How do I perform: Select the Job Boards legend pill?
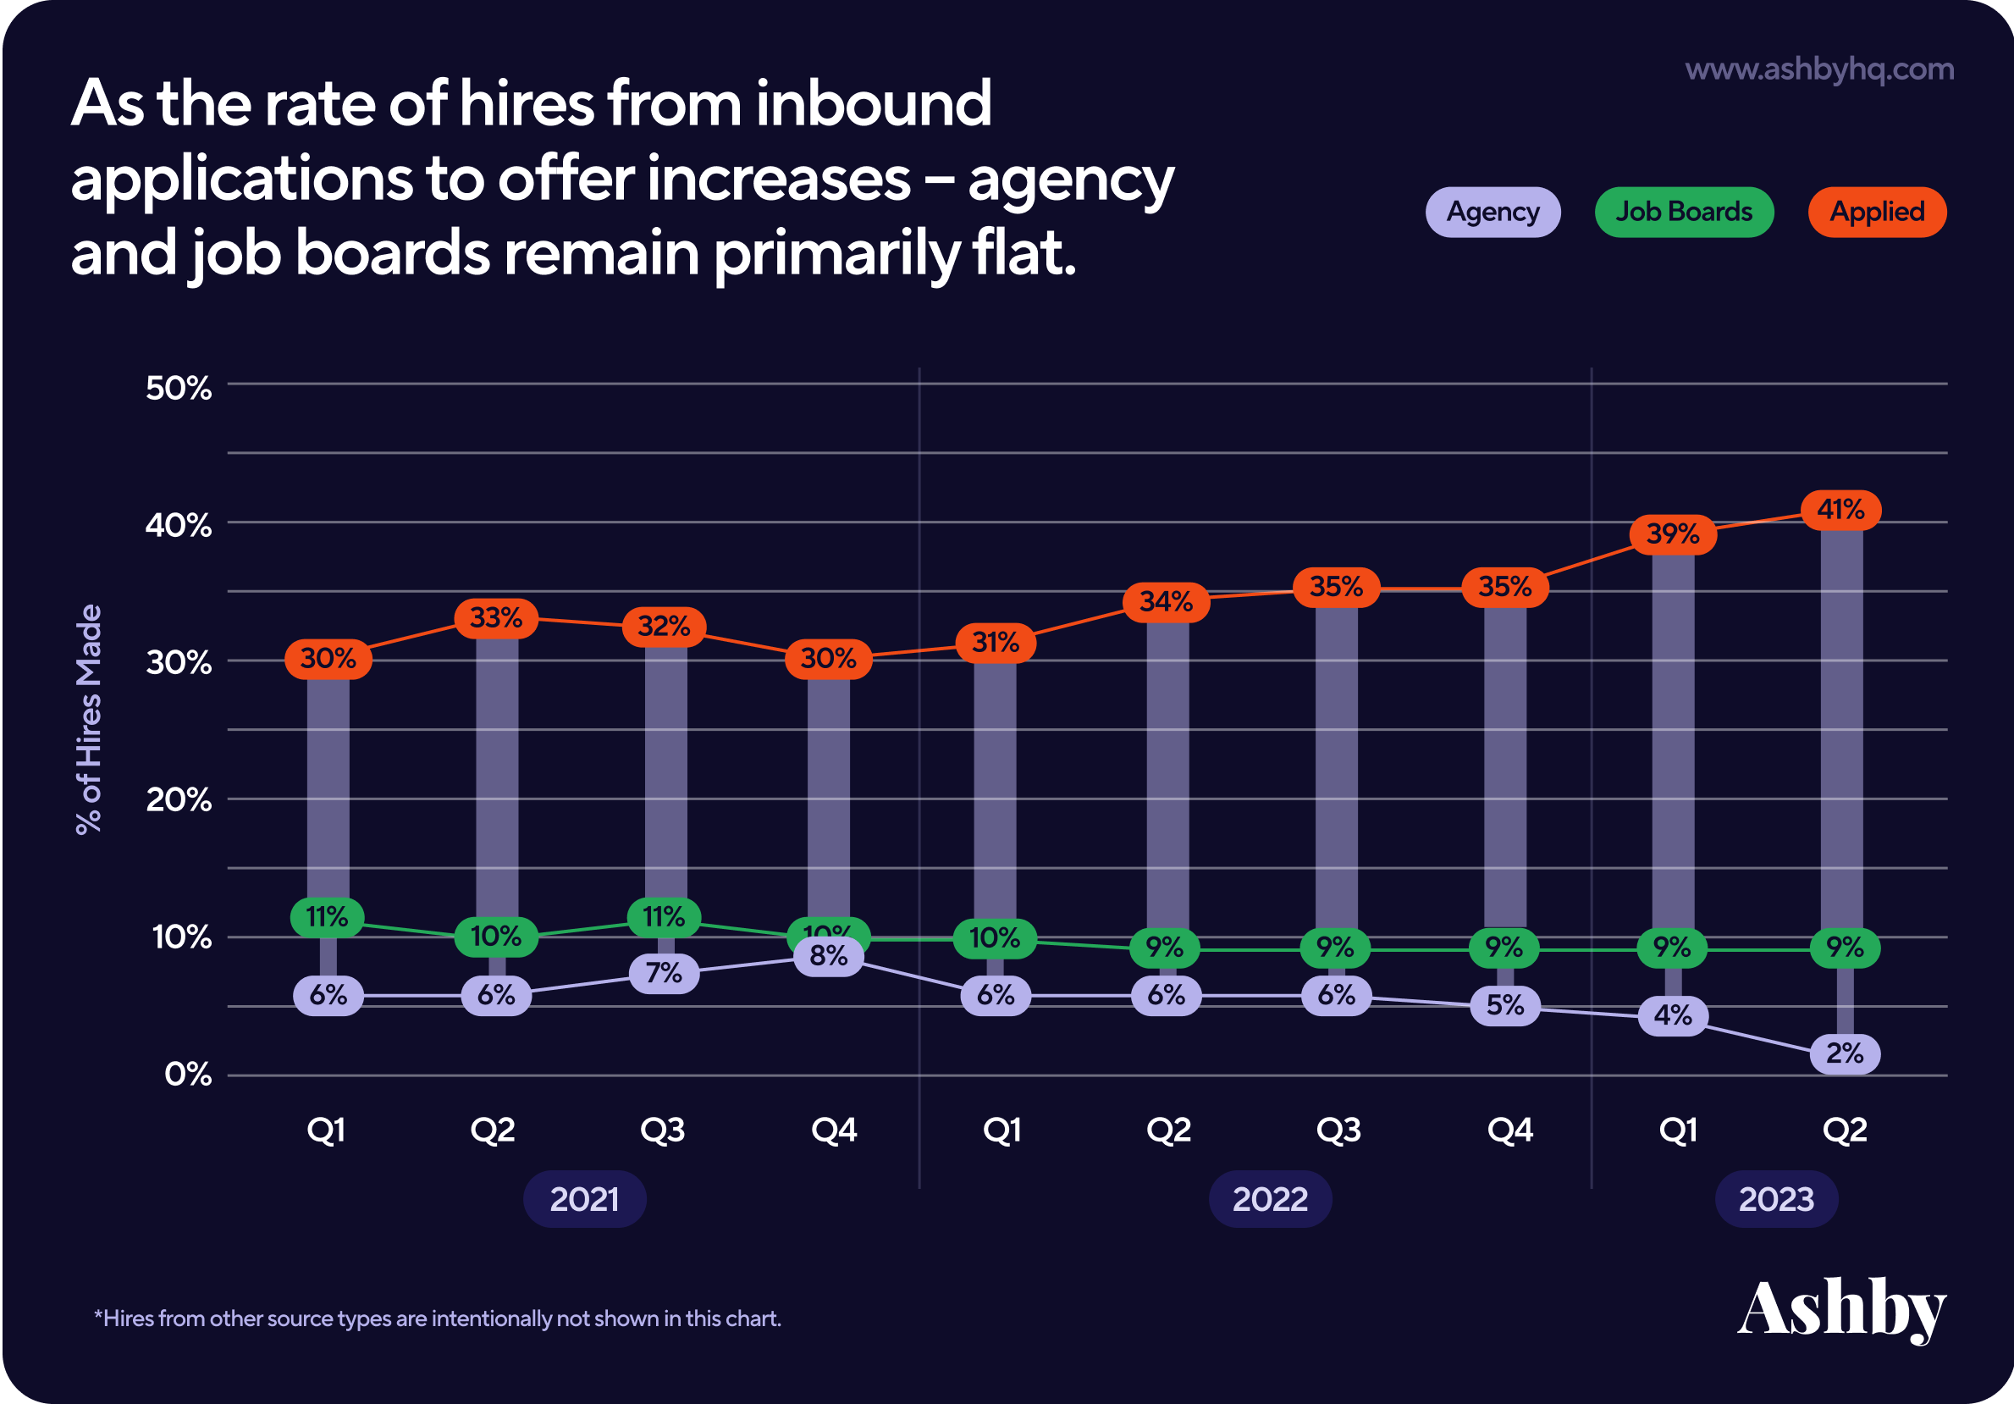(1683, 213)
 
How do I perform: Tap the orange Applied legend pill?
(1876, 213)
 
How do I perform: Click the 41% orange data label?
(1840, 510)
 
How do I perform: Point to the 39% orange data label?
(1672, 534)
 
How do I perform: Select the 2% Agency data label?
(1844, 1053)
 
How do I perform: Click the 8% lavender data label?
(828, 955)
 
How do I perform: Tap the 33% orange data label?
(495, 619)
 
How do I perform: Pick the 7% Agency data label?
(664, 973)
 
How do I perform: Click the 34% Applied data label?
(1166, 603)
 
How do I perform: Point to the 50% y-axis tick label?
(179, 388)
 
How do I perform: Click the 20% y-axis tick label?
(179, 799)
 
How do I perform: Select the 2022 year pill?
(1269, 1199)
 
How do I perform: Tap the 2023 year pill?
(1775, 1199)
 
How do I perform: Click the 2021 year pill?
(584, 1199)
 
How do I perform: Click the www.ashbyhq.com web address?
(1819, 69)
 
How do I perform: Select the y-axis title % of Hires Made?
(90, 720)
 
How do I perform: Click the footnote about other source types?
(438, 1318)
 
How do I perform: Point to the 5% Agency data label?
(1504, 1005)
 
